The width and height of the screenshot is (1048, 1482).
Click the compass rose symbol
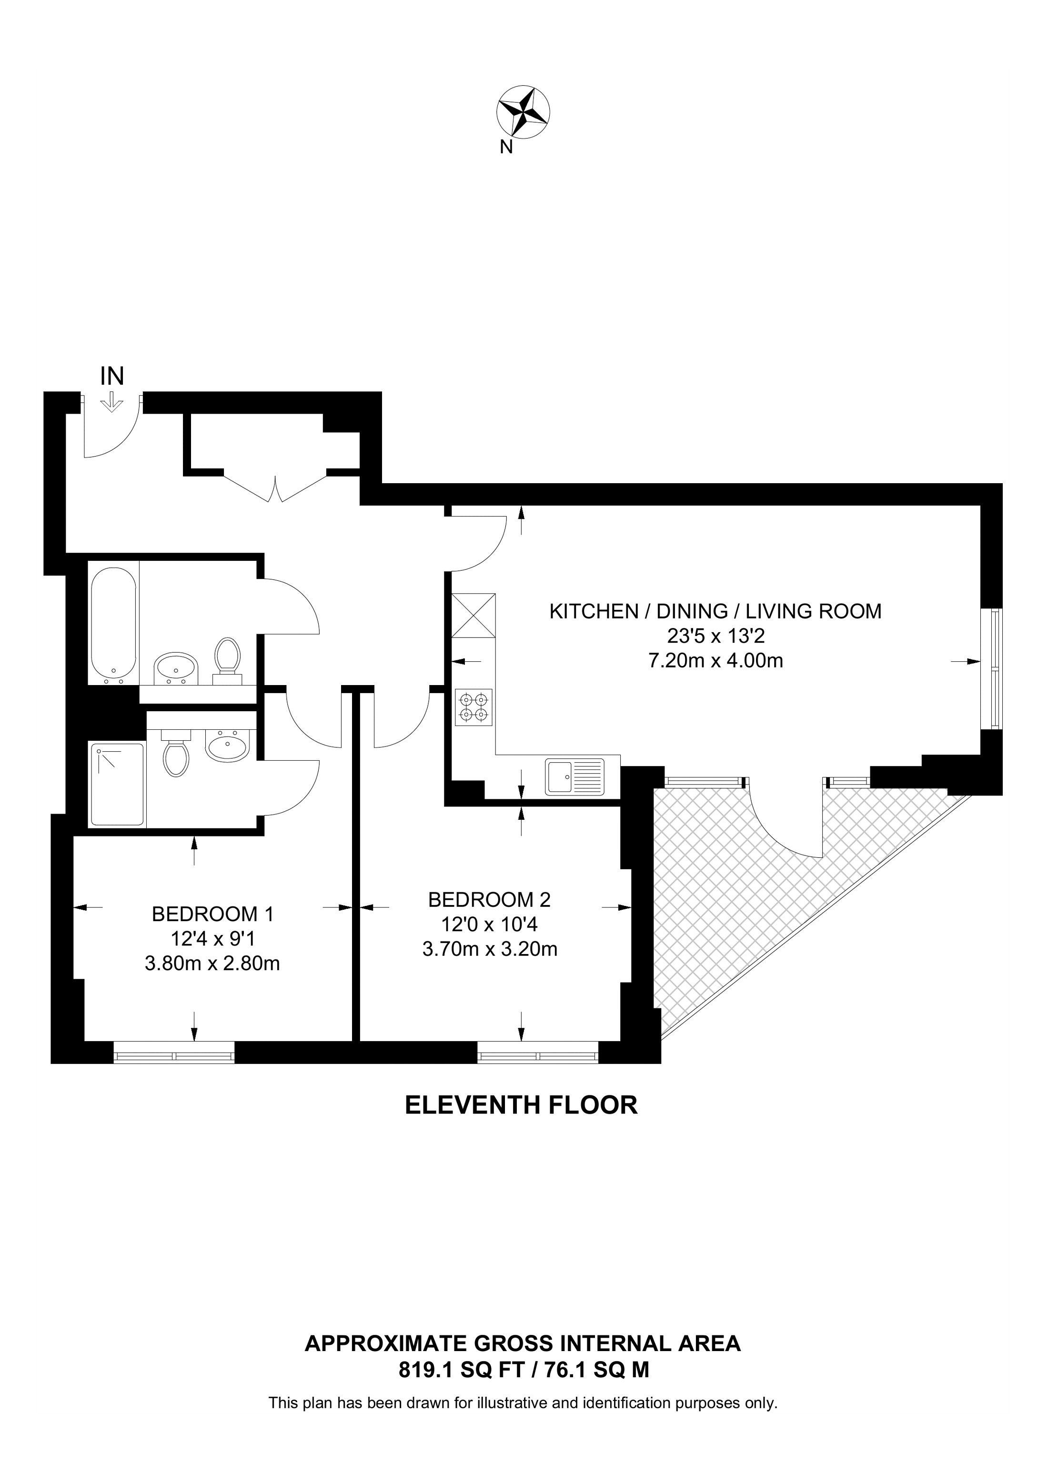click(523, 112)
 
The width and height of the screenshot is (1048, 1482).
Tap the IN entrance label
click(112, 376)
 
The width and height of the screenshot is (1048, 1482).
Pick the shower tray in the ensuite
click(117, 784)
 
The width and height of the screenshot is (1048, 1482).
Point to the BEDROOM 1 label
click(212, 914)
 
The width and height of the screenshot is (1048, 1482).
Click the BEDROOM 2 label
click(489, 899)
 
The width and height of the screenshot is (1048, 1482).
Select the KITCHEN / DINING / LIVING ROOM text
click(715, 611)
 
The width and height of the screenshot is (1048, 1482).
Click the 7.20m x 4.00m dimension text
click(715, 661)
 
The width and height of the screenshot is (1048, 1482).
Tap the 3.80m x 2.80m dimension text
click(212, 964)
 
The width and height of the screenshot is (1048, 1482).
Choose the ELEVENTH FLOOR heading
click(521, 1105)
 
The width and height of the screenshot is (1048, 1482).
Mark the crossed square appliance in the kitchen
click(474, 615)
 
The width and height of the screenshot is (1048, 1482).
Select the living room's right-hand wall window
click(992, 669)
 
